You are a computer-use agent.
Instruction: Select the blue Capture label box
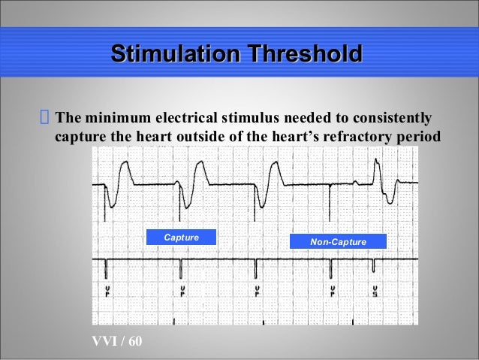[x=182, y=237]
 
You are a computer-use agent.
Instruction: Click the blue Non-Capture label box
[x=338, y=241]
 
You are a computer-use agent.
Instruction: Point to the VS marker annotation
[x=374, y=289]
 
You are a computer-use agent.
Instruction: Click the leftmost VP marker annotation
[x=107, y=289]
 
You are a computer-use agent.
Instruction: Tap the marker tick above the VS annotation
[x=373, y=265]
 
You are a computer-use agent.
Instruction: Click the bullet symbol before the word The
[x=44, y=118]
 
